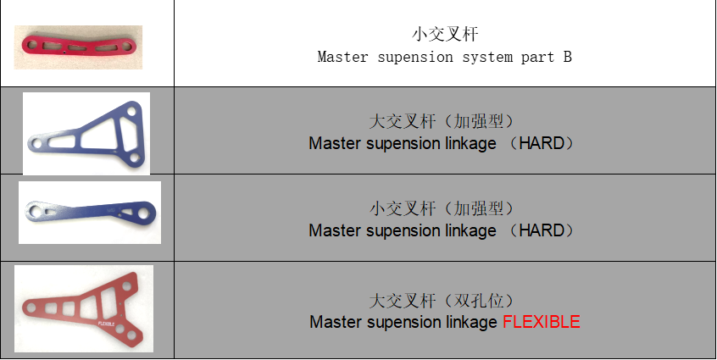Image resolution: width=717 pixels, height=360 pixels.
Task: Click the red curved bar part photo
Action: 78,46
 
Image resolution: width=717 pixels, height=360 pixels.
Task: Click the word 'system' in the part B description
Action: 487,57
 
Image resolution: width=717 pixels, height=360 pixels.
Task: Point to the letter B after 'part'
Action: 567,57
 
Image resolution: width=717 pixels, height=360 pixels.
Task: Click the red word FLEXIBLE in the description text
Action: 542,322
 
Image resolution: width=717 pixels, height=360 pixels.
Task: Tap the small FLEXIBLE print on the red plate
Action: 107,324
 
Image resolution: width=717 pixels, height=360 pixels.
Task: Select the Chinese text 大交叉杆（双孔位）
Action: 442,301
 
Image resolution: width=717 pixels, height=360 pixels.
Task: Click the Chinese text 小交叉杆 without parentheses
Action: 445,34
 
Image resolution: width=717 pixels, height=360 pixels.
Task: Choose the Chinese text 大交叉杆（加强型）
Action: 442,121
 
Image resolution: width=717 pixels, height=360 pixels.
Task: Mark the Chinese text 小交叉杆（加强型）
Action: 442,208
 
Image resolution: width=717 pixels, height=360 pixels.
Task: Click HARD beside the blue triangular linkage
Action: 542,143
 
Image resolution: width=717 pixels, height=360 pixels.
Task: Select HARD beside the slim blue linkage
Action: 542,230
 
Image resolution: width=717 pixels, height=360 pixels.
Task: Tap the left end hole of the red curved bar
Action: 32,45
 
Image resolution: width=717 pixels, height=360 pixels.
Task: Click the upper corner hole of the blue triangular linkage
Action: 131,111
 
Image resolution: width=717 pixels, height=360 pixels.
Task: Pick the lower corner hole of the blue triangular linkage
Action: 134,158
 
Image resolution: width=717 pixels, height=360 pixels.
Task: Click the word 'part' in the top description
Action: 537,58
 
